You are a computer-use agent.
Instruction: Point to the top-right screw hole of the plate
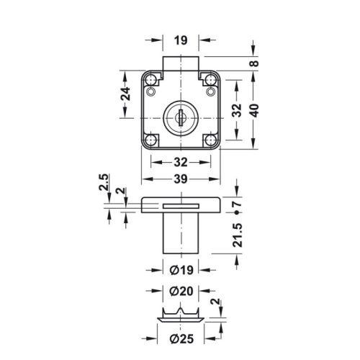[210, 91]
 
